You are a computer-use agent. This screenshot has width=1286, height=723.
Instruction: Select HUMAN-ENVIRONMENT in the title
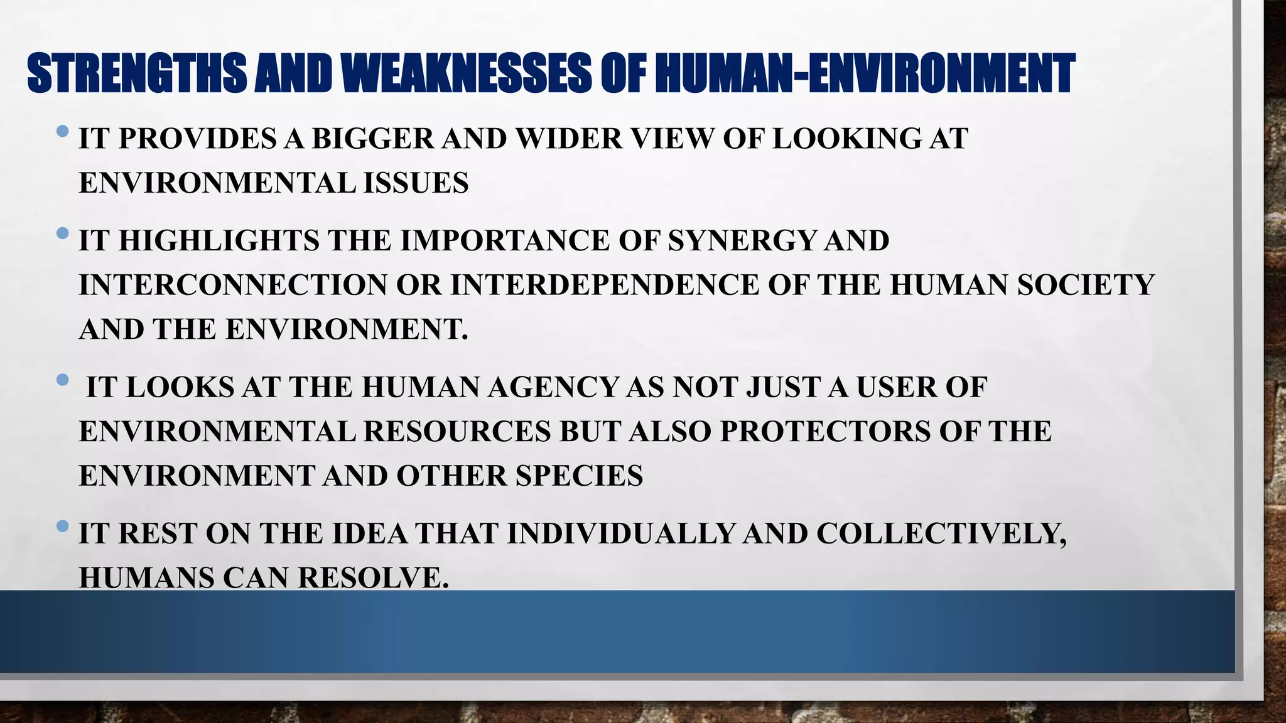865,73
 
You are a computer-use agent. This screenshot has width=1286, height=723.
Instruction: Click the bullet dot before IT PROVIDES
62,132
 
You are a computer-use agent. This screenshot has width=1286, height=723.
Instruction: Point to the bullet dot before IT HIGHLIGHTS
62,234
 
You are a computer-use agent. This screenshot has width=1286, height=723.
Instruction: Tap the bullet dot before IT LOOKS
62,380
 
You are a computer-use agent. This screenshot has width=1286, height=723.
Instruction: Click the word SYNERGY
742,241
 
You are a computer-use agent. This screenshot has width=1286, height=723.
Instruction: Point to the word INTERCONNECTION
233,286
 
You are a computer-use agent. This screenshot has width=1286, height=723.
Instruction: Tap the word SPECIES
580,476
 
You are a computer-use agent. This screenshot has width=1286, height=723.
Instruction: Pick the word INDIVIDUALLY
621,534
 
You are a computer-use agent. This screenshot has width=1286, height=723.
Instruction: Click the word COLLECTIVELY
941,534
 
